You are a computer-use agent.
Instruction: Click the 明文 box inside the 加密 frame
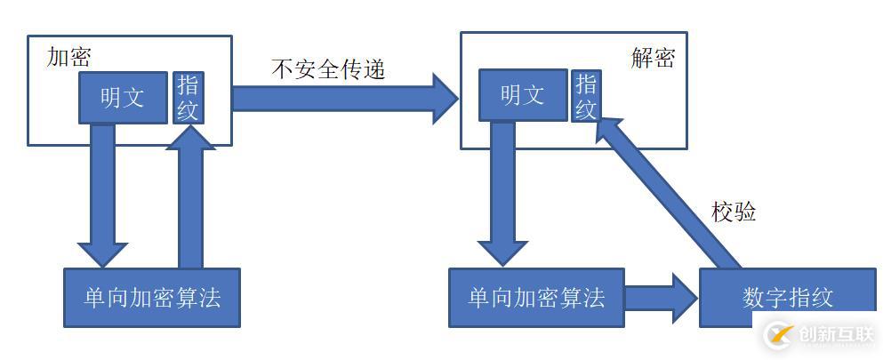point(123,98)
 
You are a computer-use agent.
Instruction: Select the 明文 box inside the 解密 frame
point(523,95)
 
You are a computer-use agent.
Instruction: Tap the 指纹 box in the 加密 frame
point(188,98)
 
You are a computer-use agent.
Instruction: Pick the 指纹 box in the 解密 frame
point(586,96)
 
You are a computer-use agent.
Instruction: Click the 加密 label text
point(68,57)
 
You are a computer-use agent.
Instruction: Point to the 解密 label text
point(654,58)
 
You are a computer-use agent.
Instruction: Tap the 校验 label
point(734,212)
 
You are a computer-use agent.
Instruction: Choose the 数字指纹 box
point(789,297)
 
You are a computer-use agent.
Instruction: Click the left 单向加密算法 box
point(152,297)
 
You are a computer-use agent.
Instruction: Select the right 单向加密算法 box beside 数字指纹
point(536,297)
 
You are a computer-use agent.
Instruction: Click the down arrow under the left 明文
point(102,196)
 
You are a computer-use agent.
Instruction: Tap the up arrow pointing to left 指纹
point(191,196)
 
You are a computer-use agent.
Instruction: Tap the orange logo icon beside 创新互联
point(780,335)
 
